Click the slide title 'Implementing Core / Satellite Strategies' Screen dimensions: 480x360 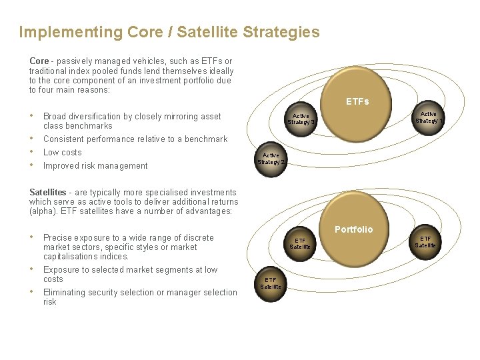tap(169, 32)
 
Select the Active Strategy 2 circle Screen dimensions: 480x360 tap(271, 159)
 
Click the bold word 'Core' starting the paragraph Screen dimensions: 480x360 tap(39, 61)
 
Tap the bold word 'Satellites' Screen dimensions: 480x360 tap(48, 193)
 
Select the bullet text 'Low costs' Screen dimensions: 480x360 tap(63, 153)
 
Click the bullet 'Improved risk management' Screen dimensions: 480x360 tap(95, 166)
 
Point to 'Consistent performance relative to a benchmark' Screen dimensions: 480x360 tap(135, 139)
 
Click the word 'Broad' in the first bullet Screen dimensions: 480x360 tap(55, 117)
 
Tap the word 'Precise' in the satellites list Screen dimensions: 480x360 tap(58, 238)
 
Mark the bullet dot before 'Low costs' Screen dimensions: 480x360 tap(32, 152)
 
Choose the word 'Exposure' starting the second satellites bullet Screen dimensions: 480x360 tap(61, 270)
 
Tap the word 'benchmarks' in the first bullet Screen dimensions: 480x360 tap(89, 126)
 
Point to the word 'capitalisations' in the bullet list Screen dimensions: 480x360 tap(71, 257)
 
